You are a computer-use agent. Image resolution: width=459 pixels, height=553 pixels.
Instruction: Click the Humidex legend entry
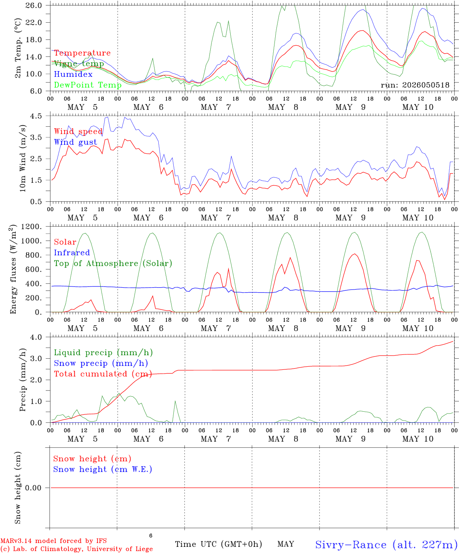(x=73, y=74)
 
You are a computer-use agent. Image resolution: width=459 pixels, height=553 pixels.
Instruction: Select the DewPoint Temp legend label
(x=88, y=85)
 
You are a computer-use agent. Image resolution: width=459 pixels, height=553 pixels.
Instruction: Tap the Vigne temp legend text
(x=79, y=64)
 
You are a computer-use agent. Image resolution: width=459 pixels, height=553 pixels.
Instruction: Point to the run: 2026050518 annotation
(x=415, y=85)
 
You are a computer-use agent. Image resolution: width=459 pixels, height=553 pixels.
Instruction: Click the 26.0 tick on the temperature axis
(x=33, y=5)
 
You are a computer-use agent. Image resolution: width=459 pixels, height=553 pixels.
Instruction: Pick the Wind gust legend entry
(x=76, y=142)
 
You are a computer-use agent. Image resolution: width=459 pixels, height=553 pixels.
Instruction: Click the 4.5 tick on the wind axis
(x=36, y=116)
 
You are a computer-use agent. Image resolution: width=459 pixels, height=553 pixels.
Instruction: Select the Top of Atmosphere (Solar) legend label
(x=113, y=263)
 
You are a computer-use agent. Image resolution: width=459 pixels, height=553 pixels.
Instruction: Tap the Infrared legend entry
(x=72, y=253)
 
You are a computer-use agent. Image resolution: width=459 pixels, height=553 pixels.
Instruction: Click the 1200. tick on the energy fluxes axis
(x=31, y=227)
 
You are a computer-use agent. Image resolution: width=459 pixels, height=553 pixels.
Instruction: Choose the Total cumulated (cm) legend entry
(x=103, y=374)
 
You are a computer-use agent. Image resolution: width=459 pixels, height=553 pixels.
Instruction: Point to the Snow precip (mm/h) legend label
(x=101, y=363)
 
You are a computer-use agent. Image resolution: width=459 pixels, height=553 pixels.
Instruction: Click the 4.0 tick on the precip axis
(x=36, y=337)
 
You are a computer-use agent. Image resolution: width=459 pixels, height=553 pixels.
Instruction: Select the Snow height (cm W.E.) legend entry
(x=103, y=469)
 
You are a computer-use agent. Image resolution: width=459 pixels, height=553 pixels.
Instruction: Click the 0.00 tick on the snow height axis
(x=33, y=488)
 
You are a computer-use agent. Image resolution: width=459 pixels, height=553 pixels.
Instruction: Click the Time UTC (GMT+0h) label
(x=218, y=544)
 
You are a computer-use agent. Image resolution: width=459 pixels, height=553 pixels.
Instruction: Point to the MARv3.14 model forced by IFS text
(x=53, y=541)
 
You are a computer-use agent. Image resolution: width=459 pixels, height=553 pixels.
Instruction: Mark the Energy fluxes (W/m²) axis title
(x=13, y=269)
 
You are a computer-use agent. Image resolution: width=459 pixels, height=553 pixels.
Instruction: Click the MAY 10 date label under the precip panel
(x=417, y=439)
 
